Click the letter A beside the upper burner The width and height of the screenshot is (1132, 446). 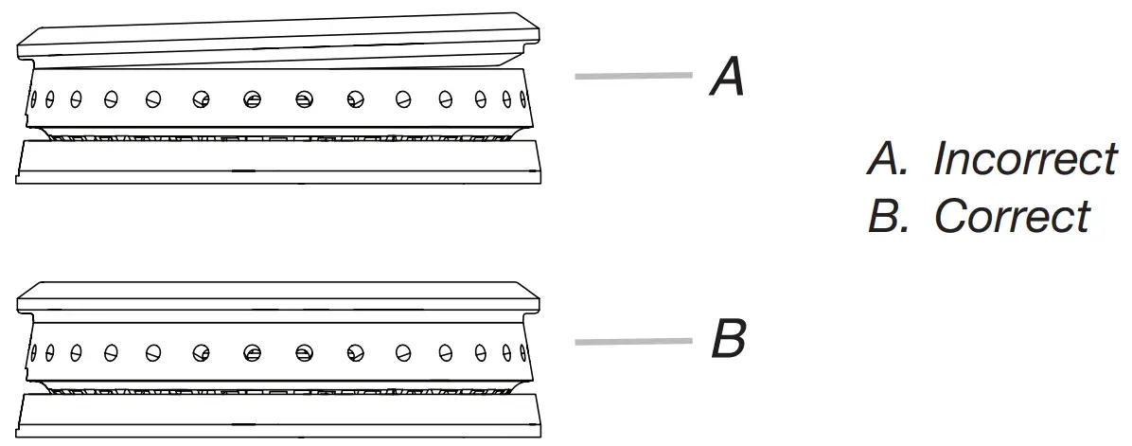[727, 78]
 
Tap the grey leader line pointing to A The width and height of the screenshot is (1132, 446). [633, 76]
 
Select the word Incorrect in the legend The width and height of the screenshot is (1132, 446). [1025, 160]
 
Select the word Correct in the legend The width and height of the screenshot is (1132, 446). [1012, 217]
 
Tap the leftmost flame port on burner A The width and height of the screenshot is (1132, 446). [33, 96]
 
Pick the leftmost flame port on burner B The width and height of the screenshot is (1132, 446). [33, 352]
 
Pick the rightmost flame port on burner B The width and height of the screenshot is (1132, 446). [522, 352]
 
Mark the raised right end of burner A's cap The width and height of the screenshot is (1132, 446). [530, 28]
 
